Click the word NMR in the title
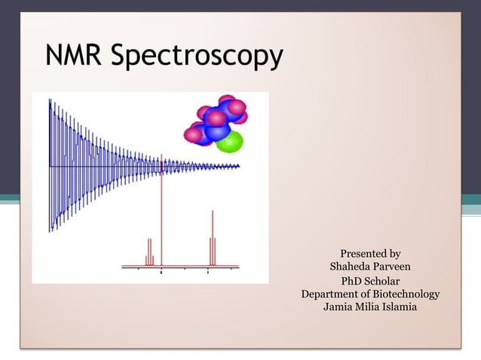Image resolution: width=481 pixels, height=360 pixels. (x=74, y=56)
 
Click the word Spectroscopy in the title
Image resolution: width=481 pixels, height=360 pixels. (x=197, y=58)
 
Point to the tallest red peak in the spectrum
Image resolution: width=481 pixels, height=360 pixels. (x=162, y=211)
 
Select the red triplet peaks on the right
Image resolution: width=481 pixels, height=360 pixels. (x=213, y=241)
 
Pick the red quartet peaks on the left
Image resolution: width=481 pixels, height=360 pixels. (x=149, y=251)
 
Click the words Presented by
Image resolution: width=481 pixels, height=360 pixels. (x=370, y=254)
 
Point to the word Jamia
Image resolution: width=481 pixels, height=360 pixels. (x=339, y=307)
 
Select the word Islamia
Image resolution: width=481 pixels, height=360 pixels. (x=402, y=307)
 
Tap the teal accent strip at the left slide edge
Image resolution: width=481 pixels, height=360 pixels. (x=9, y=200)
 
